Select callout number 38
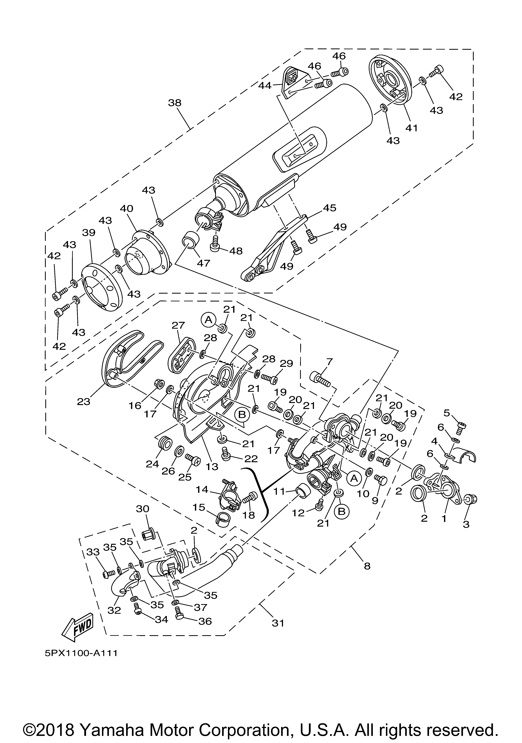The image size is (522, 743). click(175, 103)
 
